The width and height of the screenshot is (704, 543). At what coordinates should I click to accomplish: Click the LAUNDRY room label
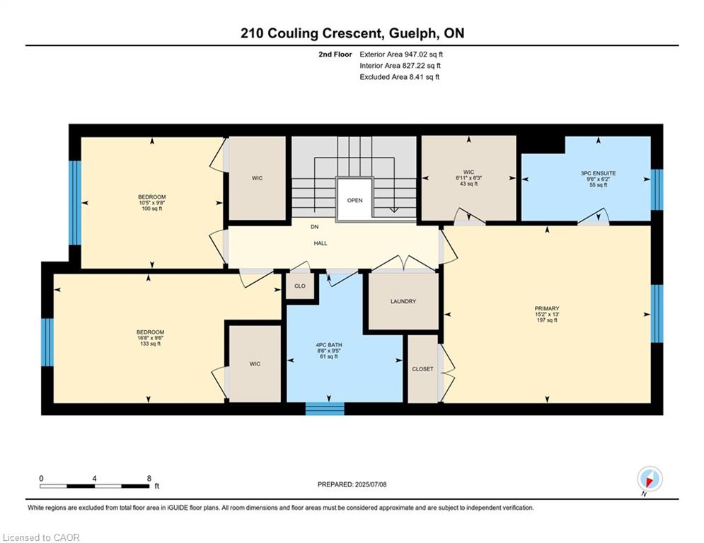click(403, 302)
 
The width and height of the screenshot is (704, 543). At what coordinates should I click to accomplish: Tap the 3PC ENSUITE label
click(598, 173)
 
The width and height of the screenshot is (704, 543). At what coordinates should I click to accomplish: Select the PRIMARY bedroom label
click(547, 308)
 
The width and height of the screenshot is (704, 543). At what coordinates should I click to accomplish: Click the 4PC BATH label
click(329, 345)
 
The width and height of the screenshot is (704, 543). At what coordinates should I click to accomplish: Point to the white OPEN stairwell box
click(354, 199)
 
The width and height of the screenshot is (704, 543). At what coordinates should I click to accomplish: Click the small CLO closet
click(300, 286)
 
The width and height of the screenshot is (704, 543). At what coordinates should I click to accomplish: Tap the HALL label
click(321, 243)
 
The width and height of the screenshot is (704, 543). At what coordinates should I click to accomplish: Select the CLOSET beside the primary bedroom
click(422, 369)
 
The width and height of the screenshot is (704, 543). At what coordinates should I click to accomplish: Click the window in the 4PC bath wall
click(325, 409)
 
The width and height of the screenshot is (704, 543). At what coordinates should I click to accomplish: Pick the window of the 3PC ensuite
click(657, 189)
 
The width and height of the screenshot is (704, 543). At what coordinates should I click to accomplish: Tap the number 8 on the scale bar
click(149, 479)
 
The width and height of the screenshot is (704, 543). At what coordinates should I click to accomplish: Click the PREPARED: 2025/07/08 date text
click(352, 484)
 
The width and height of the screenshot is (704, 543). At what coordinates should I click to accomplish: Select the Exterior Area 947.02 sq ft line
click(401, 54)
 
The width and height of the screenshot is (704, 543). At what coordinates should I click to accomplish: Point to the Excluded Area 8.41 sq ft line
click(400, 77)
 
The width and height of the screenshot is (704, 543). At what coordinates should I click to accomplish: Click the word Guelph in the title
click(412, 34)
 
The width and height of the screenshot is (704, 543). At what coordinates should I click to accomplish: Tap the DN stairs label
click(314, 227)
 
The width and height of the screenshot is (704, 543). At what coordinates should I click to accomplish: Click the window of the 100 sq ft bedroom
click(75, 203)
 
